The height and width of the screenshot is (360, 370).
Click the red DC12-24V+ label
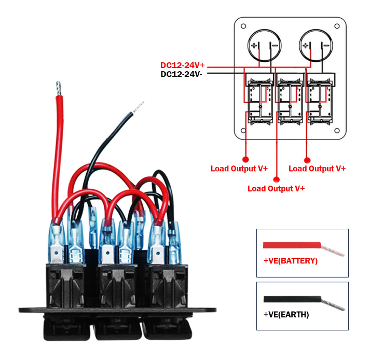tap(183, 65)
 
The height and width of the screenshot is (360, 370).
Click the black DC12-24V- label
tap(183, 74)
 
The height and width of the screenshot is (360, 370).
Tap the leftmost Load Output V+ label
tap(239, 169)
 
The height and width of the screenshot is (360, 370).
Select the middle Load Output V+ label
tap(276, 188)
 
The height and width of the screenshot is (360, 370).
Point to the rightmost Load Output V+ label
tap(317, 169)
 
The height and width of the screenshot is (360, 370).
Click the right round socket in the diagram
tap(314, 47)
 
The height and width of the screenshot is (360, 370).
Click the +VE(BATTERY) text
tap(290, 261)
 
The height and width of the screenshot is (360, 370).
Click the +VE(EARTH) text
tap(286, 314)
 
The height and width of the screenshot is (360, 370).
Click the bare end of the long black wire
tap(139, 106)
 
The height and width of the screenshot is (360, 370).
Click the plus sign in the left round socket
tap(254, 46)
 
